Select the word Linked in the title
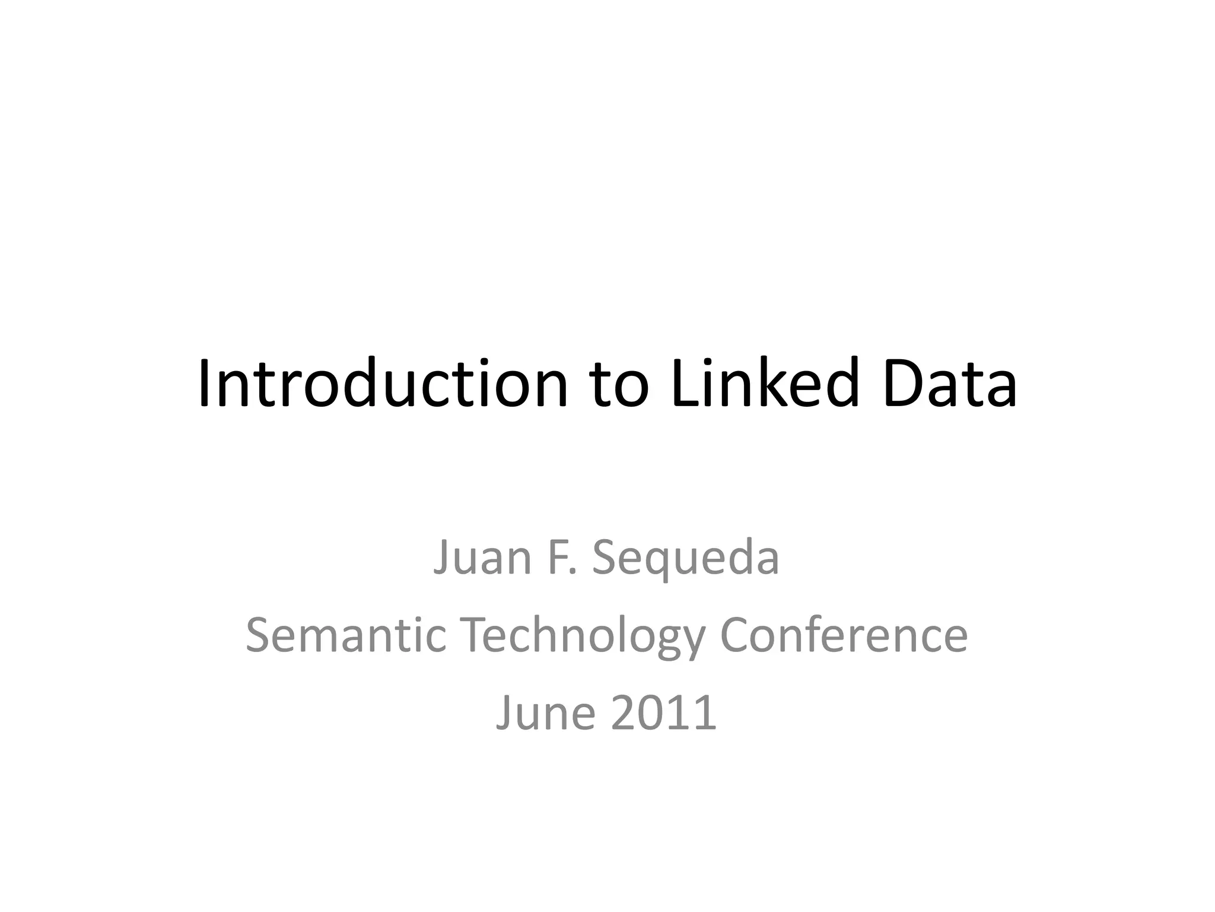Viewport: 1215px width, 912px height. (x=766, y=384)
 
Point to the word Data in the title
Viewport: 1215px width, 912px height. (x=950, y=384)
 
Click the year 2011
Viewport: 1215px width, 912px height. (x=664, y=712)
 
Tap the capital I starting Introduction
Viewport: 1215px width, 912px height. (x=205, y=384)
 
